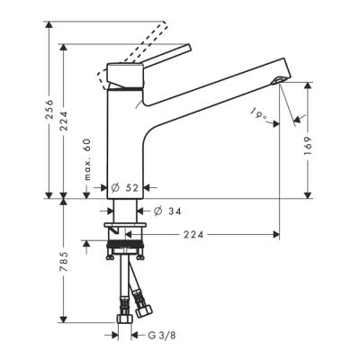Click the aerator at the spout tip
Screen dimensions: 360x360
coord(278,82)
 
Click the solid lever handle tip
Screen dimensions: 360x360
coord(187,51)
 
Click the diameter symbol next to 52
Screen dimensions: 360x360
coord(115,187)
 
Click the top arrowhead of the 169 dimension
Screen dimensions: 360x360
coord(309,84)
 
